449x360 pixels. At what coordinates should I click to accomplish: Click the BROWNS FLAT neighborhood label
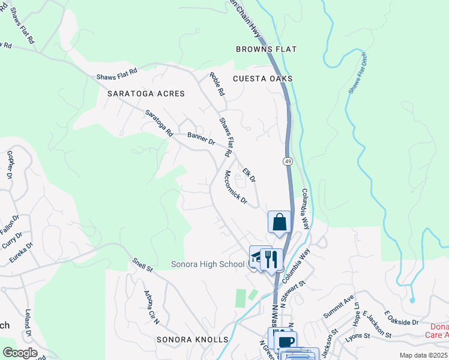pos(267,49)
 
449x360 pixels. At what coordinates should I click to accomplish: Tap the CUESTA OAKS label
pos(262,79)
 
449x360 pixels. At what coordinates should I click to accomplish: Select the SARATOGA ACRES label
pos(146,94)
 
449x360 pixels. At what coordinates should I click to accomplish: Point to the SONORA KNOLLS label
pos(193,340)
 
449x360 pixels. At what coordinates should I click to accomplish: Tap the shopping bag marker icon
pos(279,222)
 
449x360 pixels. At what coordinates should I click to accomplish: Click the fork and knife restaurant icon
pos(271,259)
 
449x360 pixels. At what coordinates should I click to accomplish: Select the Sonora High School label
pos(208,264)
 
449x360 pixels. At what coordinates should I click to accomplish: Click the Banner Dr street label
pos(201,139)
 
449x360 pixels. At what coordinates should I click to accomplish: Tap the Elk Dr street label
pos(249,175)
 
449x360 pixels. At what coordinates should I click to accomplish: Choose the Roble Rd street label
pos(217,85)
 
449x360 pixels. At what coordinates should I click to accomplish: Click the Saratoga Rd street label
pos(159,122)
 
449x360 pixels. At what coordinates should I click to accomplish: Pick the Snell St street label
pos(143,265)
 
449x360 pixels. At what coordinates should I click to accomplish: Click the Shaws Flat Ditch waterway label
pos(359,73)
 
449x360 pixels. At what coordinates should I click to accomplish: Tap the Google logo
pos(20,353)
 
